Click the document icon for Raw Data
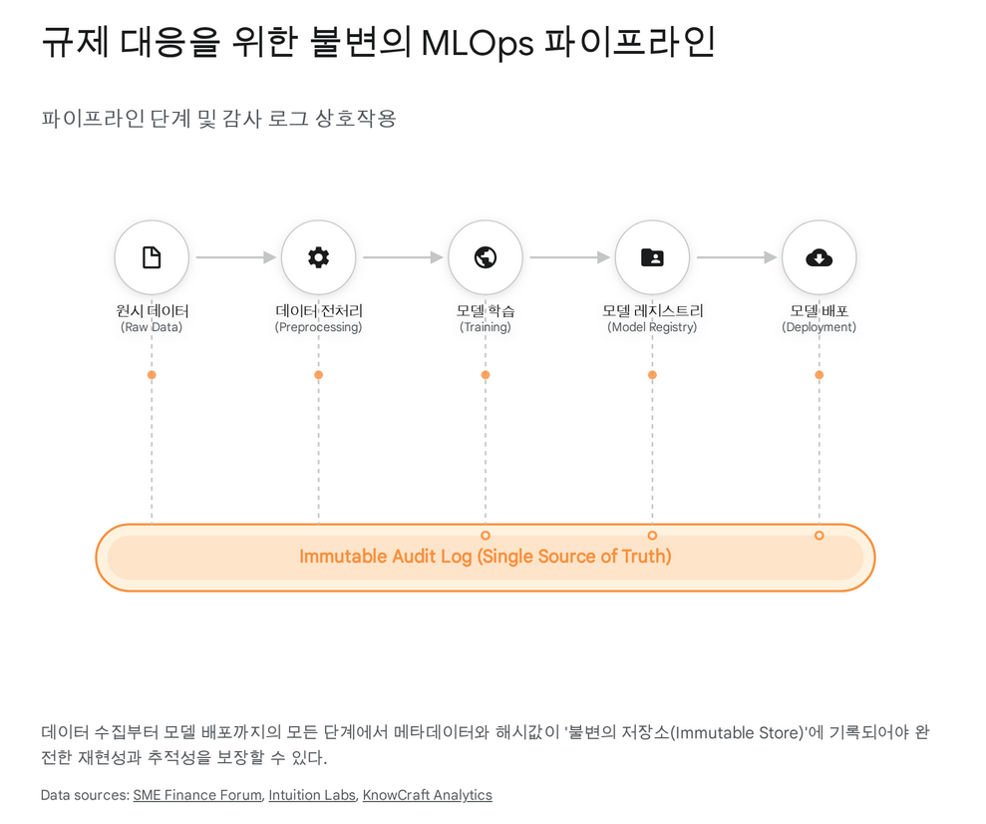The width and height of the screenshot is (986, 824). click(x=152, y=257)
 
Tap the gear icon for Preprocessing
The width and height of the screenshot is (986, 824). click(x=318, y=257)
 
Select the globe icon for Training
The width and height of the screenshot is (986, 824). click(x=486, y=257)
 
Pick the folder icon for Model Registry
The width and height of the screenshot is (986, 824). click(x=652, y=257)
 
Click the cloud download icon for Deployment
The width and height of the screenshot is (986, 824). click(x=819, y=257)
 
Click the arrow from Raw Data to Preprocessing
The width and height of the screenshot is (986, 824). click(x=235, y=257)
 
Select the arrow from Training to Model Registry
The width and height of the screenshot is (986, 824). click(x=569, y=257)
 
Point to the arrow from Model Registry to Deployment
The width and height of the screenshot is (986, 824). click(x=736, y=257)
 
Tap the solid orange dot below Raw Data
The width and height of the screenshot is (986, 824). click(x=152, y=375)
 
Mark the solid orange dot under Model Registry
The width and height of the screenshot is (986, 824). click(x=652, y=375)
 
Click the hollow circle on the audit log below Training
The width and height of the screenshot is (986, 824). click(x=486, y=536)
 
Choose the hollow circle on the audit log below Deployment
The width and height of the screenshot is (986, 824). click(x=819, y=536)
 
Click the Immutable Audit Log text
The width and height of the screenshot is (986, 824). click(x=485, y=557)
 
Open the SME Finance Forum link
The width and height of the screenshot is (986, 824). click(x=197, y=795)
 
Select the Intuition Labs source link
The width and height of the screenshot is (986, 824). click(x=312, y=795)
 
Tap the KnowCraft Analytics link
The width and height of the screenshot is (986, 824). click(x=427, y=795)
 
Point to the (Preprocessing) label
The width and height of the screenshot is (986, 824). click(x=318, y=327)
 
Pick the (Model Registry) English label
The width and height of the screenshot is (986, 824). click(x=652, y=327)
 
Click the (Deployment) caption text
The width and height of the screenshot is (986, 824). click(x=819, y=327)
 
